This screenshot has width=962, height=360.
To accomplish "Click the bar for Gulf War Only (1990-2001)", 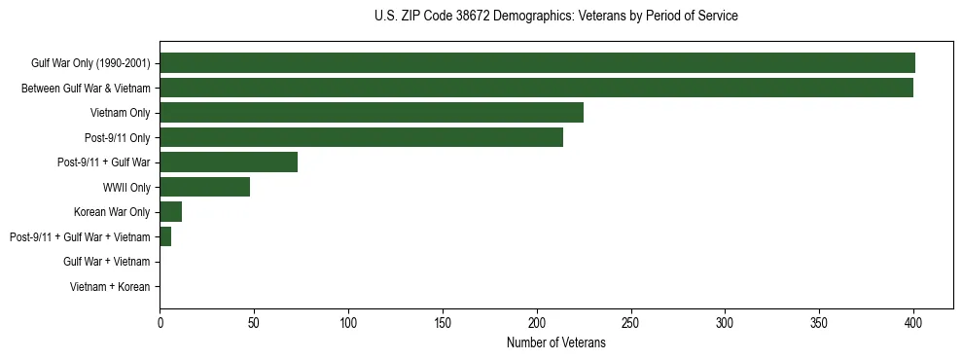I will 537,63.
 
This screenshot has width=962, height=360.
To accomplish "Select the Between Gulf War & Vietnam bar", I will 536,88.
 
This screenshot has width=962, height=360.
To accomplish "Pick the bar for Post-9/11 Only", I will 361,137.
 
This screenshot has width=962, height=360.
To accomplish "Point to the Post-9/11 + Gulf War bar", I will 229,162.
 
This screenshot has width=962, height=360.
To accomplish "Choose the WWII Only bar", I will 204,187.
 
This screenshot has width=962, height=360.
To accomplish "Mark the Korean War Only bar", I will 170,212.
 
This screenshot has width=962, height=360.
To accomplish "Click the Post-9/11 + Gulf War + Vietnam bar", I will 165,236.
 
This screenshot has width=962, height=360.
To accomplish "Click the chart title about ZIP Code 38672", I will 555,17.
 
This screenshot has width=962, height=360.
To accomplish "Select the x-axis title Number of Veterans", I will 555,343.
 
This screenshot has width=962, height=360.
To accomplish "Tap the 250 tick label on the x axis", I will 630,322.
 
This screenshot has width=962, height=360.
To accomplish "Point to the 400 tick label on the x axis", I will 913,322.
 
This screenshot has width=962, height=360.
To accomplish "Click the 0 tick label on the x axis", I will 160,322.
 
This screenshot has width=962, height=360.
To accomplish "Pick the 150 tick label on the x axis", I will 443,322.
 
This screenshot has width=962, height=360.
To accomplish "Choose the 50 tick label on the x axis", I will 254,322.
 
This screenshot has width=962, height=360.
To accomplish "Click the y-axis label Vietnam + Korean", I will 110,287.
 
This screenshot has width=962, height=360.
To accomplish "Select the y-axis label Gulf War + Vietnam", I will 106,262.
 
